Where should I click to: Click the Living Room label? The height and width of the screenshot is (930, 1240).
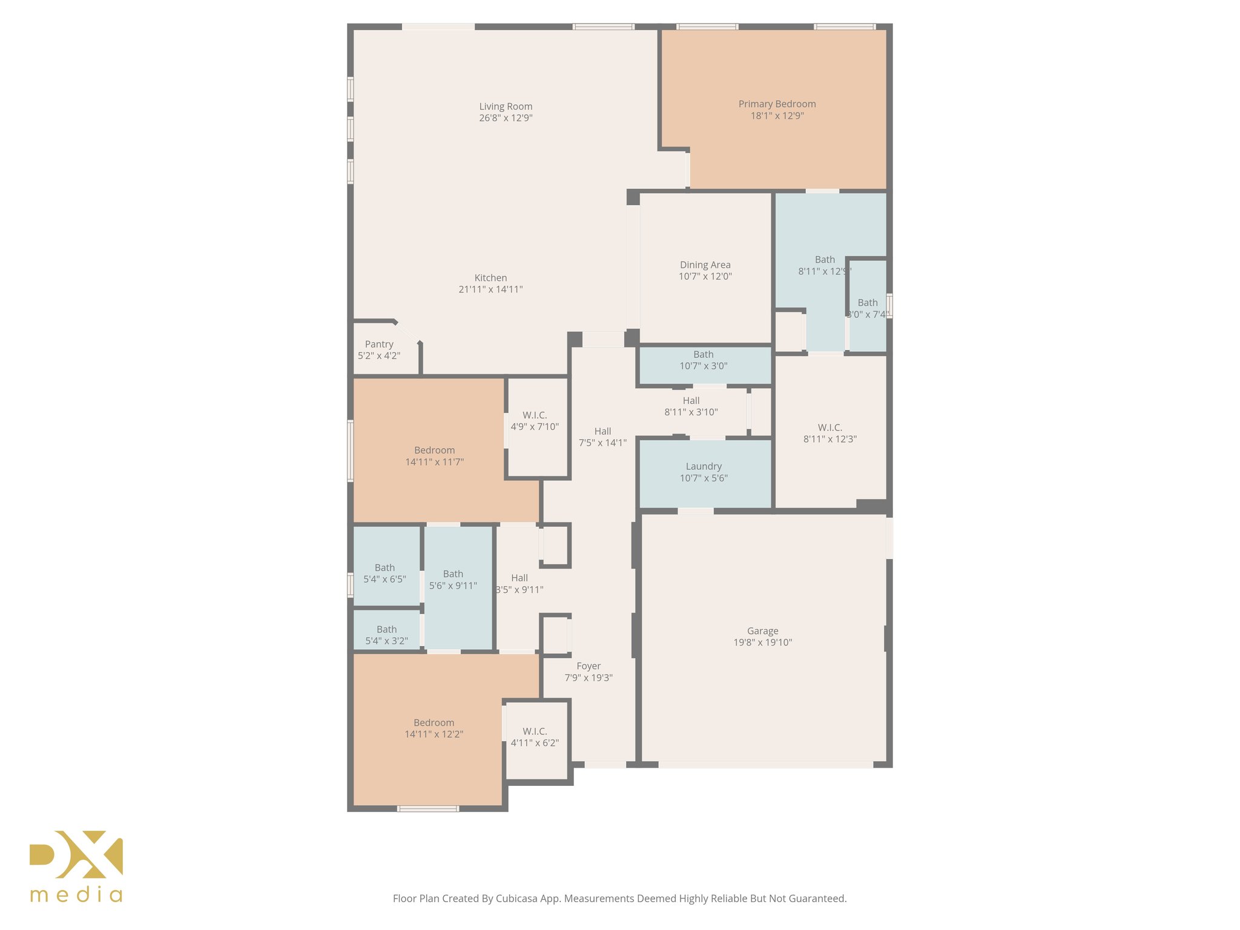tap(506, 107)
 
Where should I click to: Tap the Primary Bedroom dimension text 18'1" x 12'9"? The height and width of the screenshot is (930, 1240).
tap(777, 116)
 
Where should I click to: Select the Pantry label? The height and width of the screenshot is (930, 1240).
tap(379, 344)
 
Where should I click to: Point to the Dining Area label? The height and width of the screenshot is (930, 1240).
tap(705, 265)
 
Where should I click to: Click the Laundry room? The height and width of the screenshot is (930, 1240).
tap(704, 472)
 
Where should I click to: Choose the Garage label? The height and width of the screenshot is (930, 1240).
tap(762, 631)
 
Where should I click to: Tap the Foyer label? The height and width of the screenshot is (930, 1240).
tap(589, 666)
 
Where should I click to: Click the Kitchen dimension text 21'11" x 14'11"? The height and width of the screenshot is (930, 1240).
tap(490, 289)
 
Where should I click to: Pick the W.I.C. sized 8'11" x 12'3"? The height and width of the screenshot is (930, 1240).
tap(829, 433)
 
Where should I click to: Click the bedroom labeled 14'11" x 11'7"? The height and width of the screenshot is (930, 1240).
tap(434, 456)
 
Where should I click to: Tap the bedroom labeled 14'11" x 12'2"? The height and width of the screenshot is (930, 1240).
tap(434, 728)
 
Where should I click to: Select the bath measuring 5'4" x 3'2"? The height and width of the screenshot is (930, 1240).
tap(386, 635)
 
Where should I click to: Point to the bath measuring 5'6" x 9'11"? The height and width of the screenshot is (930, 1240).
tap(453, 579)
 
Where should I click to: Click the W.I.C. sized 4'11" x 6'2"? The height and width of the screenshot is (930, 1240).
tap(535, 737)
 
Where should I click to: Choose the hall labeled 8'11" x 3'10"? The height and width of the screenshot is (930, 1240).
tap(691, 406)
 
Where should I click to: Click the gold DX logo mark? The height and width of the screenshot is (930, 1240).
tap(76, 854)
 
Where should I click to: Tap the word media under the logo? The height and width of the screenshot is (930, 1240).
tap(76, 895)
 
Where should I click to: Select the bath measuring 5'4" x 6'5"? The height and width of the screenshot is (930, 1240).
tap(384, 573)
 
